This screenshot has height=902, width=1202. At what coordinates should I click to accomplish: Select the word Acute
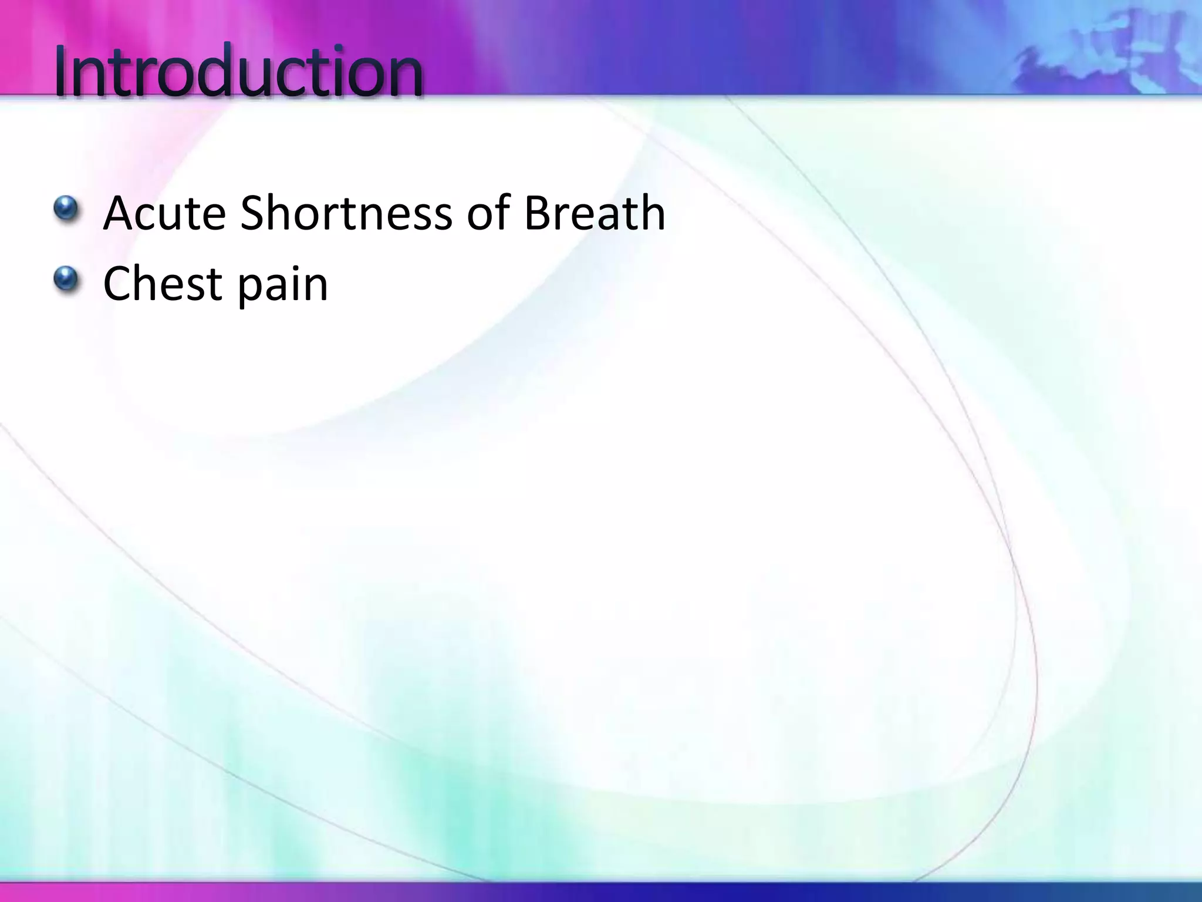(x=164, y=213)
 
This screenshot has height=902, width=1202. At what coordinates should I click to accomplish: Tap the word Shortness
(x=346, y=213)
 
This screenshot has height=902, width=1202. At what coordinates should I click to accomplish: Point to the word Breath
(x=594, y=213)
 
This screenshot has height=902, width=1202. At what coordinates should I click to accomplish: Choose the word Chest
(x=162, y=284)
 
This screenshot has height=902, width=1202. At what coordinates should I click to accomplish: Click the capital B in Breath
(x=537, y=213)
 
